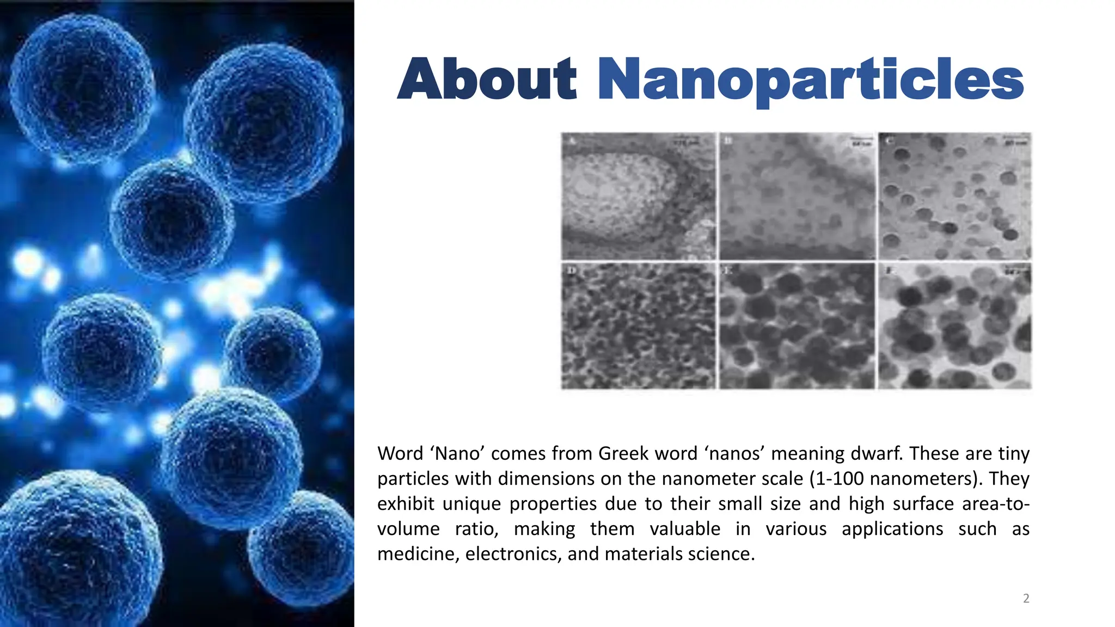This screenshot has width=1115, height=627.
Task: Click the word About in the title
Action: pyautogui.click(x=487, y=79)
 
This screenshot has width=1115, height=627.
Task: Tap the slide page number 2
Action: pyautogui.click(x=1026, y=599)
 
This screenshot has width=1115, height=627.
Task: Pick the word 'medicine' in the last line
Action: pyautogui.click(x=418, y=554)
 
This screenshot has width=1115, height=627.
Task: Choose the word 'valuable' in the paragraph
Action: pyautogui.click(x=685, y=528)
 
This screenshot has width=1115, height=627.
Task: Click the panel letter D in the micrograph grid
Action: pyautogui.click(x=571, y=271)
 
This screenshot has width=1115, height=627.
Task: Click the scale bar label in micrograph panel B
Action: pyautogui.click(x=860, y=143)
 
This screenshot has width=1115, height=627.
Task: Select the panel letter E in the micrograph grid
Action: pyautogui.click(x=728, y=271)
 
